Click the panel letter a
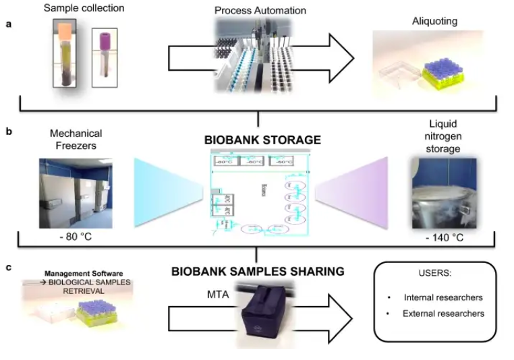(9, 24)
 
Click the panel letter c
(9, 268)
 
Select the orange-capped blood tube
(63, 57)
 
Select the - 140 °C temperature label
(442, 237)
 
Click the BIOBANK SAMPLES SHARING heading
(258, 271)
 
